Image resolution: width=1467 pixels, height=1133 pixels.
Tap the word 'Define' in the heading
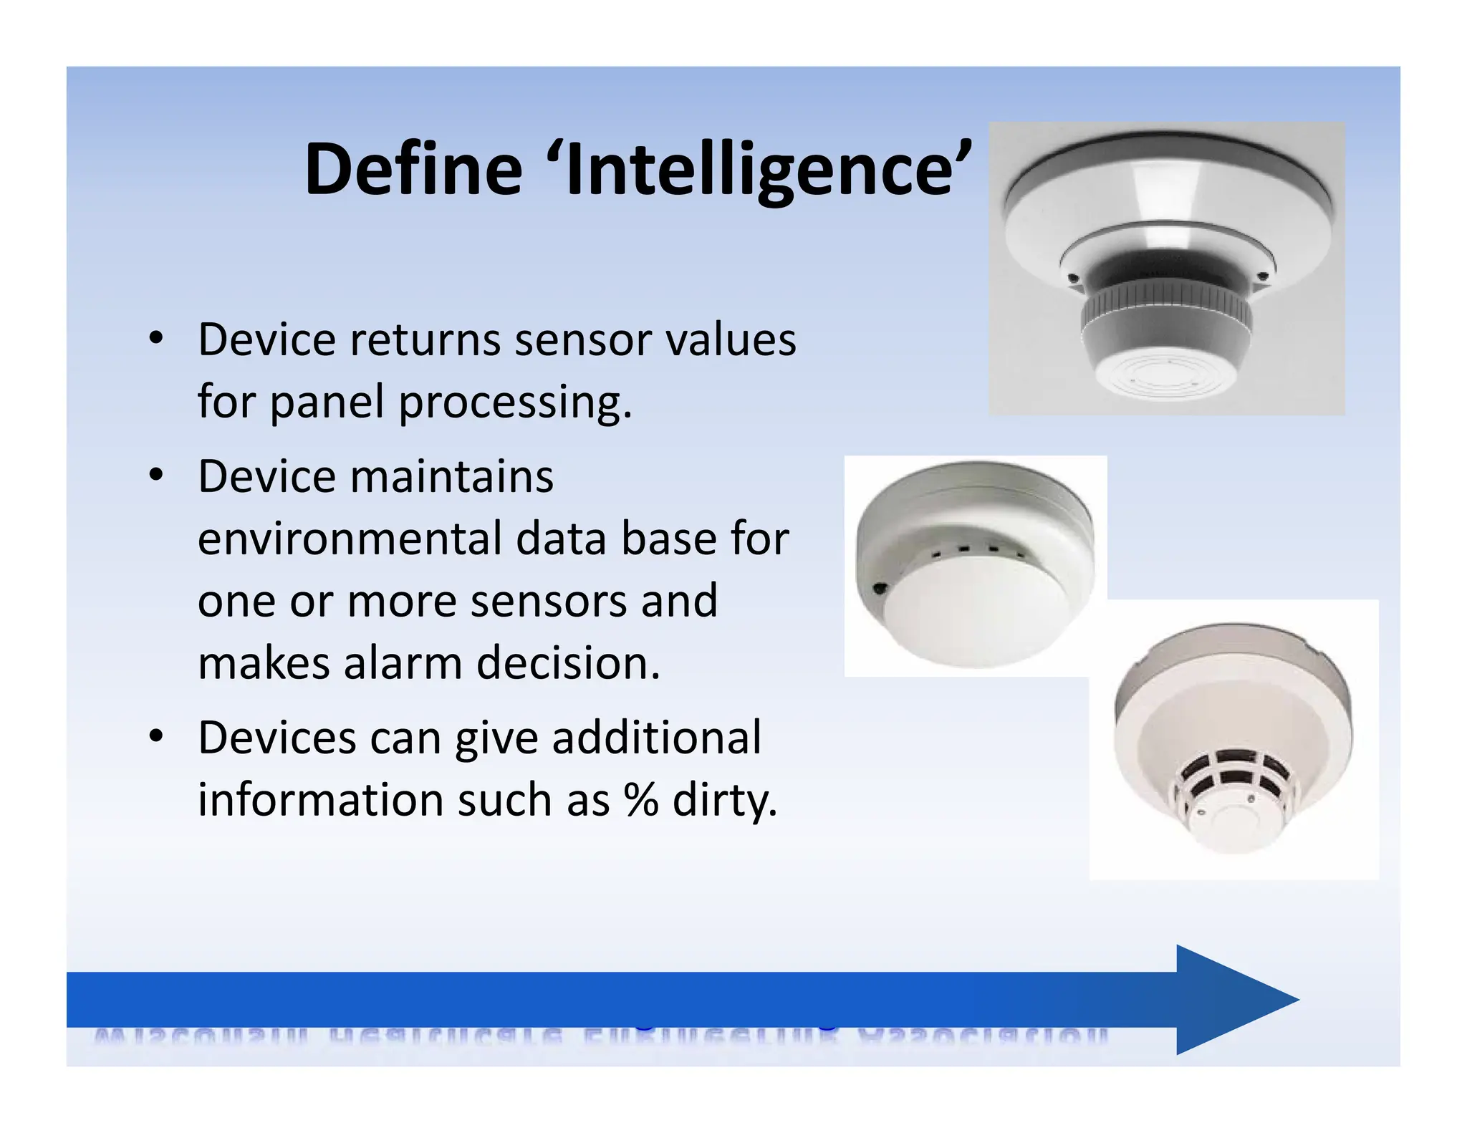(413, 170)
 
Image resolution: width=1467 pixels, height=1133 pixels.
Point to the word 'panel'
(327, 402)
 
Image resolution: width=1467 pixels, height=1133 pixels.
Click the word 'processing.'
(515, 403)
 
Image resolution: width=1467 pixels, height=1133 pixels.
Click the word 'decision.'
(568, 663)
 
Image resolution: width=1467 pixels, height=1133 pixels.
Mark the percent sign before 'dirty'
(641, 800)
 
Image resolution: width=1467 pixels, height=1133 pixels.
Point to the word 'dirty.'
(724, 800)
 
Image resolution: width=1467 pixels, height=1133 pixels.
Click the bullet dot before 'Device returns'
(156, 338)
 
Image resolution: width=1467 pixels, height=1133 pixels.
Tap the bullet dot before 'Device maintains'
(156, 476)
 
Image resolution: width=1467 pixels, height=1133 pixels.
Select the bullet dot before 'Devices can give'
(156, 736)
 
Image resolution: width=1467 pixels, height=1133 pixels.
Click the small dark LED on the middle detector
(880, 589)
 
